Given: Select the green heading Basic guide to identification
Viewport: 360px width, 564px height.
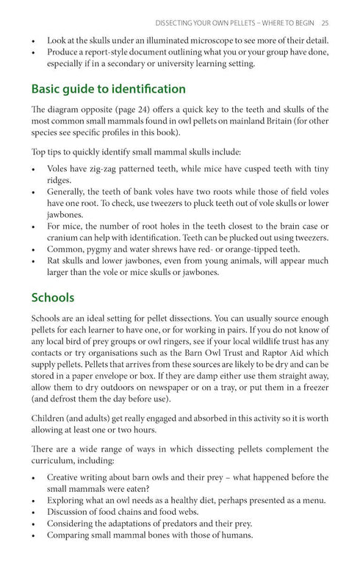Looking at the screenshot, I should click(x=108, y=89).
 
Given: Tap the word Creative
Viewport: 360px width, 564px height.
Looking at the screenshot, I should click(x=66, y=476).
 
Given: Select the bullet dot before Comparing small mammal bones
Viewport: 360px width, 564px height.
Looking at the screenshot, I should click(x=35, y=535).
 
